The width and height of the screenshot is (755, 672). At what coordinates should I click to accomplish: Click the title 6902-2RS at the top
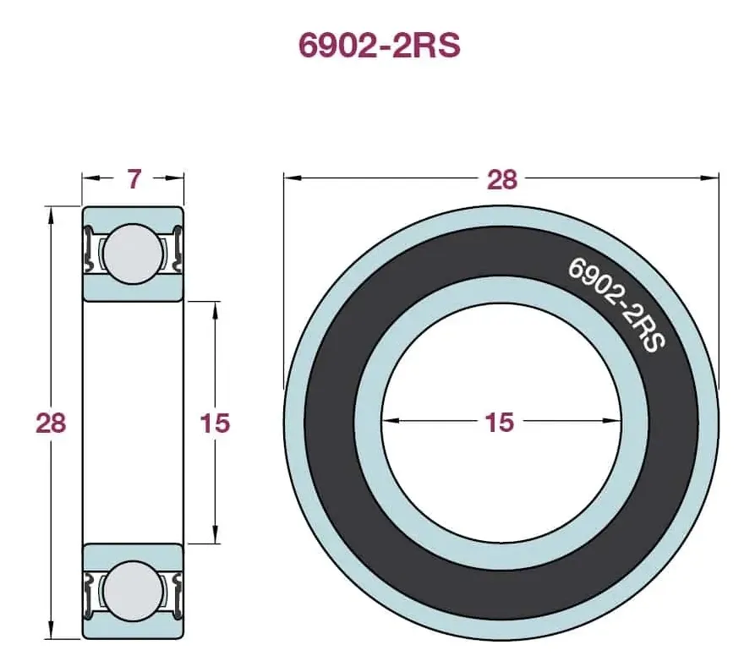(x=380, y=46)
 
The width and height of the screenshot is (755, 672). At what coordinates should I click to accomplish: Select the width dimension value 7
(x=134, y=178)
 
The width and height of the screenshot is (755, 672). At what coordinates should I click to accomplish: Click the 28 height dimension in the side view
(x=51, y=423)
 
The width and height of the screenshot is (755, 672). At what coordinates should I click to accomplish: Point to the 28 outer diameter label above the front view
(x=501, y=179)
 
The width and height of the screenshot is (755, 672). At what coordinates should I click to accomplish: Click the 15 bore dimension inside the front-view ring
(x=500, y=422)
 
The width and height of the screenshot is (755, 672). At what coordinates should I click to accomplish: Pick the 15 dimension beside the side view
(x=216, y=423)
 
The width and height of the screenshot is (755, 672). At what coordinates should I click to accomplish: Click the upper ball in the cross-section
(x=133, y=254)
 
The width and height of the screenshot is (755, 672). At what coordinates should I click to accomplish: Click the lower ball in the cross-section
(x=133, y=591)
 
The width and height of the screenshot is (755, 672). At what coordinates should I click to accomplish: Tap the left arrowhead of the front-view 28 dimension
(x=293, y=178)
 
